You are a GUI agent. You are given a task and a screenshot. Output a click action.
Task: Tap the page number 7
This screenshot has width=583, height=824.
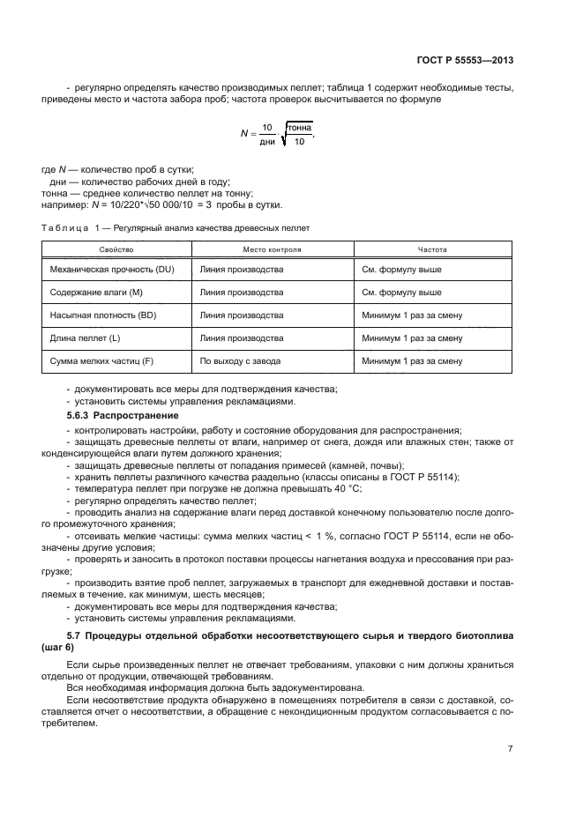pyautogui.click(x=511, y=748)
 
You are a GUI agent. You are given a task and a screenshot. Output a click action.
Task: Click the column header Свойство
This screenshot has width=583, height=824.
pyautogui.click(x=116, y=249)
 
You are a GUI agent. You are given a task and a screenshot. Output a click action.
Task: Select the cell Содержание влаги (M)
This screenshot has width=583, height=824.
pyautogui.click(x=91, y=292)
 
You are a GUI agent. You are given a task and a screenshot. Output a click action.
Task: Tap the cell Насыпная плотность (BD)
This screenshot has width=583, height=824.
pyautogui.click(x=97, y=315)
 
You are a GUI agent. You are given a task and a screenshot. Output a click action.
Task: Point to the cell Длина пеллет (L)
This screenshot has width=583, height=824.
pyautogui.click(x=82, y=338)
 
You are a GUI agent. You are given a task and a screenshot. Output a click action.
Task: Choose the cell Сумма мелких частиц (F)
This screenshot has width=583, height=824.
pyautogui.click(x=98, y=360)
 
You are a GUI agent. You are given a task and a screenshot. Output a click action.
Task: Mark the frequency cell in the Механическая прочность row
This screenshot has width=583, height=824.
pyautogui.click(x=401, y=269)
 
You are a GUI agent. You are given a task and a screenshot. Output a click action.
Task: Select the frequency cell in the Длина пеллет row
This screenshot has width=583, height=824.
pyautogui.click(x=412, y=338)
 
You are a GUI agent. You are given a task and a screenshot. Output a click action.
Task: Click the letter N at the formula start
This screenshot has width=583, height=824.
pyautogui.click(x=244, y=133)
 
